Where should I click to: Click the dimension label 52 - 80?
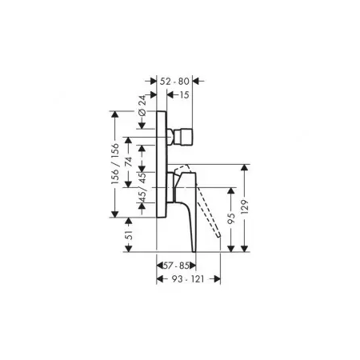click(174, 82)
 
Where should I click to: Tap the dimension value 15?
click(184, 95)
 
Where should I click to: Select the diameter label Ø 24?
click(142, 106)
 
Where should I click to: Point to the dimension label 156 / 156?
click(115, 164)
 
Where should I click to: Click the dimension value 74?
click(129, 162)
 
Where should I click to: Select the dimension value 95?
click(231, 218)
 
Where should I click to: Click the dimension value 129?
click(245, 207)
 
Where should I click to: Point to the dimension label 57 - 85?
click(176, 266)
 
